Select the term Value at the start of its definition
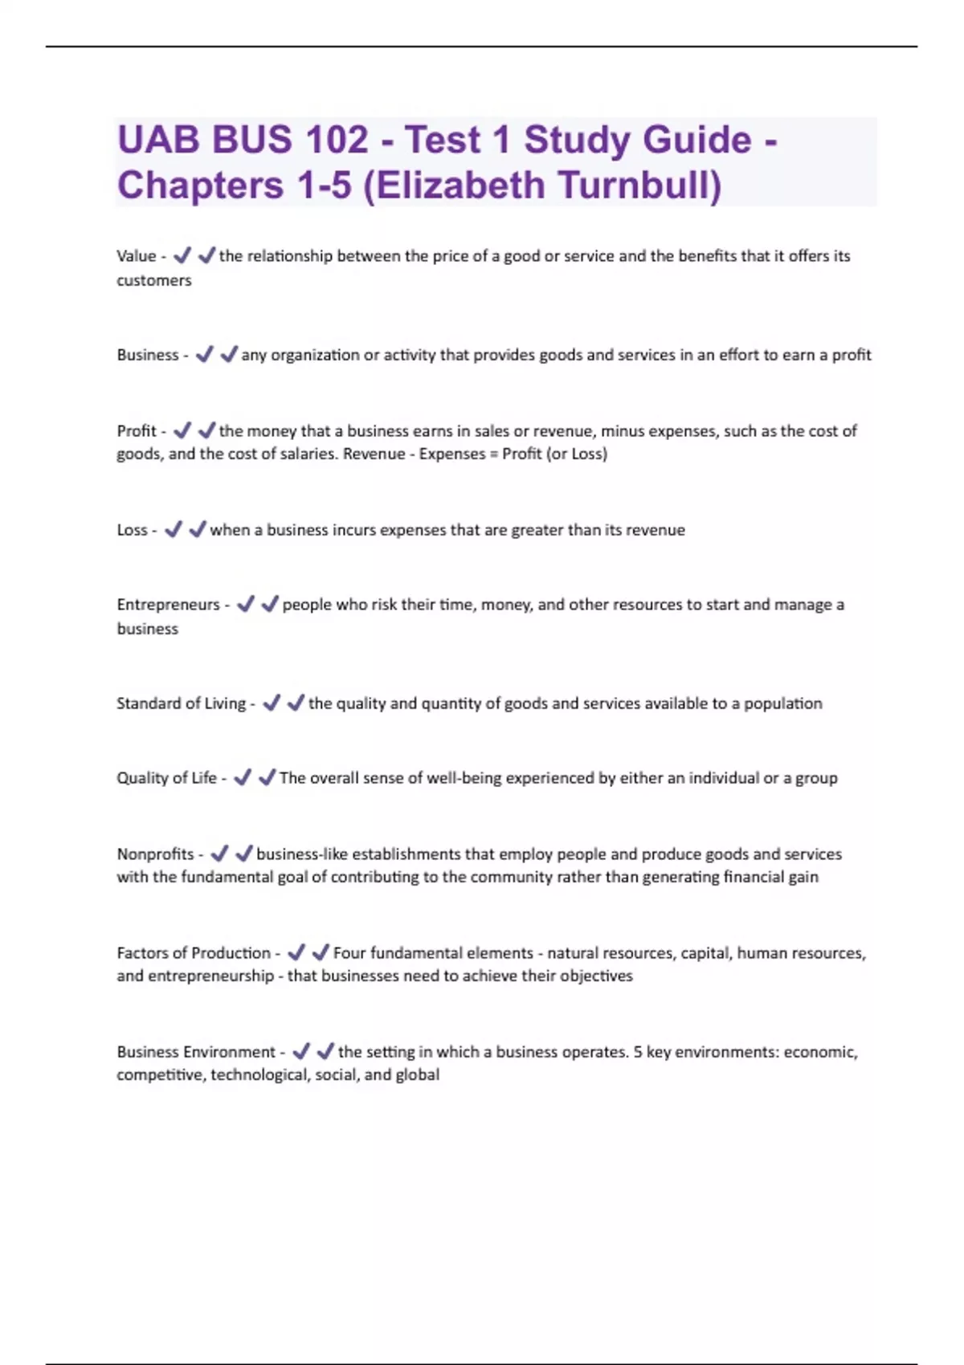[136, 256]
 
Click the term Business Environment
[195, 1052]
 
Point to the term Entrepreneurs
[167, 605]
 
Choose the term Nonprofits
[155, 854]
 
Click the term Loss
[132, 530]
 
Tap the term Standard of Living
[181, 703]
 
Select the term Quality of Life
[166, 778]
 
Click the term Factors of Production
[193, 953]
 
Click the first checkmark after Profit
[182, 431]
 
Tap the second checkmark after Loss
[197, 530]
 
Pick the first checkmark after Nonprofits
[219, 854]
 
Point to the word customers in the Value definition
[153, 280]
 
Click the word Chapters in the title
[200, 185]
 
